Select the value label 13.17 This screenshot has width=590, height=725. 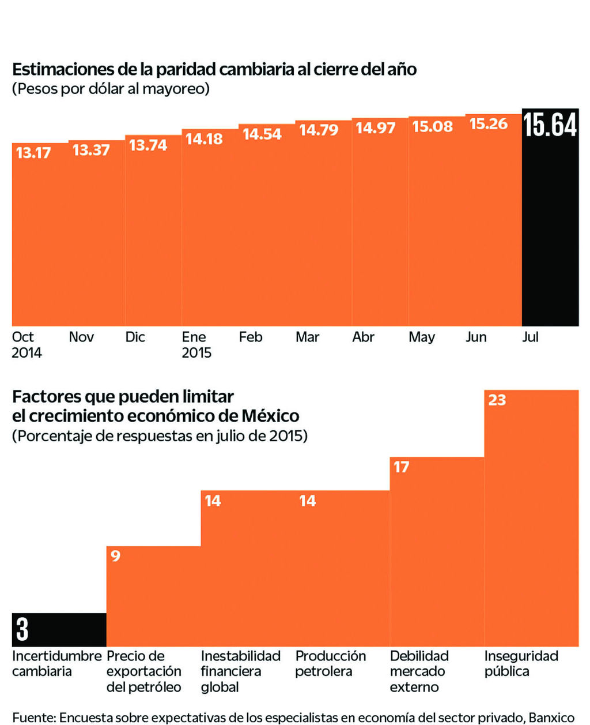point(33,153)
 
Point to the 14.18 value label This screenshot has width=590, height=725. point(204,138)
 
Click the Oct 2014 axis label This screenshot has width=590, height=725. point(27,344)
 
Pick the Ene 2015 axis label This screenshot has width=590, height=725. point(196,344)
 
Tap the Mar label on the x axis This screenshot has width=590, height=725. point(307,337)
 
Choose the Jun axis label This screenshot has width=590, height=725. point(476,337)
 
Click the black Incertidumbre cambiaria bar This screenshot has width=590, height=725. point(59,629)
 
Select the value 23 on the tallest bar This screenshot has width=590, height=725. point(497,400)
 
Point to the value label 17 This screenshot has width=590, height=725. point(402,467)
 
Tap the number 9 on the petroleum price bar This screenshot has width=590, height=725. point(115,556)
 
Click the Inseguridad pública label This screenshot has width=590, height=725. point(521,663)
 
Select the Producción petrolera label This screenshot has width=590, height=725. point(330,663)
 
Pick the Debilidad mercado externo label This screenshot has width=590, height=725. point(419,671)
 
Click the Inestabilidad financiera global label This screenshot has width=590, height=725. point(240,671)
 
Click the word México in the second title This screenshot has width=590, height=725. point(270,416)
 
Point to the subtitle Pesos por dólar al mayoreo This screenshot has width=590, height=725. point(111,89)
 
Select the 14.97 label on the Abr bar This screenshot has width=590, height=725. point(375,127)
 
